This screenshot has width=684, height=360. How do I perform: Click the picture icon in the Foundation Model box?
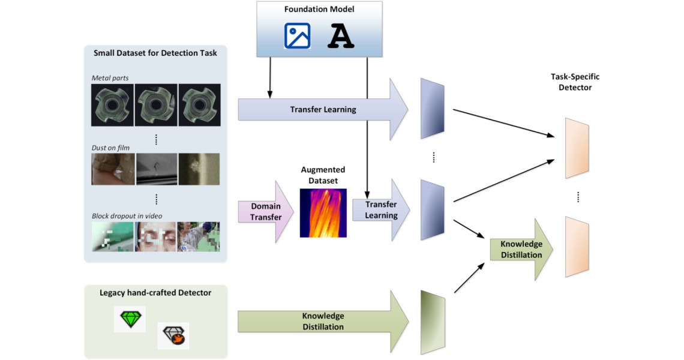pos(297,35)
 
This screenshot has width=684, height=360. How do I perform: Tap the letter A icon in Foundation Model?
pos(341,36)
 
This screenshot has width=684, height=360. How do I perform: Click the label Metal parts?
pos(110,78)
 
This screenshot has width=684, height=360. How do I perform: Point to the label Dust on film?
pos(110,147)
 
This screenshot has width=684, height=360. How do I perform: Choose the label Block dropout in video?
pos(127,216)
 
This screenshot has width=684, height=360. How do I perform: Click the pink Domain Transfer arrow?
pos(264,211)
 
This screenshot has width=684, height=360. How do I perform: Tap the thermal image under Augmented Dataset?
pos(323,212)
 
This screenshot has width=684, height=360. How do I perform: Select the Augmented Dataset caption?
pos(323,175)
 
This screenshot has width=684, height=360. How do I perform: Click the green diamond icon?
pos(130,319)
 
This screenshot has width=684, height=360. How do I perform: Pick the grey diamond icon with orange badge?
pos(173,336)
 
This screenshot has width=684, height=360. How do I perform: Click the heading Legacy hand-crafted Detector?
pos(155,293)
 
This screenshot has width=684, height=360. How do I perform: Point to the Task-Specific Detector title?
pos(575,82)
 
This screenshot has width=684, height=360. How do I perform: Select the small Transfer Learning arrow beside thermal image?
pos(380,210)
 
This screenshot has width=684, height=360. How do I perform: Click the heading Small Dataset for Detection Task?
pos(155,53)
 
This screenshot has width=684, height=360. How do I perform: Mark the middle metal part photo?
pos(156,104)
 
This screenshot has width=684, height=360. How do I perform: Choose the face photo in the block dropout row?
pos(156,236)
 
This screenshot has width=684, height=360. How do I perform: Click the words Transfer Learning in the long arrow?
pos(323,110)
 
